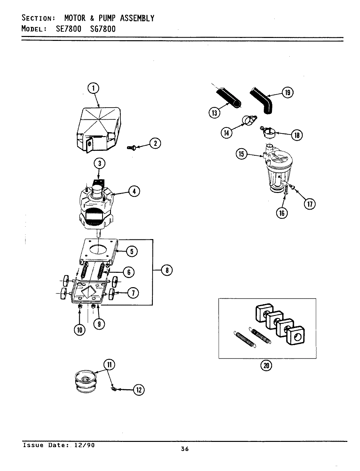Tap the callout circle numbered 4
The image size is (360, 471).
(x=134, y=191)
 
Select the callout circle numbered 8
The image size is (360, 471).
(x=167, y=270)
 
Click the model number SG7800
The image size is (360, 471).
(x=102, y=29)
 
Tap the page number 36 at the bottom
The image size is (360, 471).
(x=185, y=449)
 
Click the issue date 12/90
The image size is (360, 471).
(x=87, y=445)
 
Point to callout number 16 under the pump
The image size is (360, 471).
(x=282, y=213)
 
